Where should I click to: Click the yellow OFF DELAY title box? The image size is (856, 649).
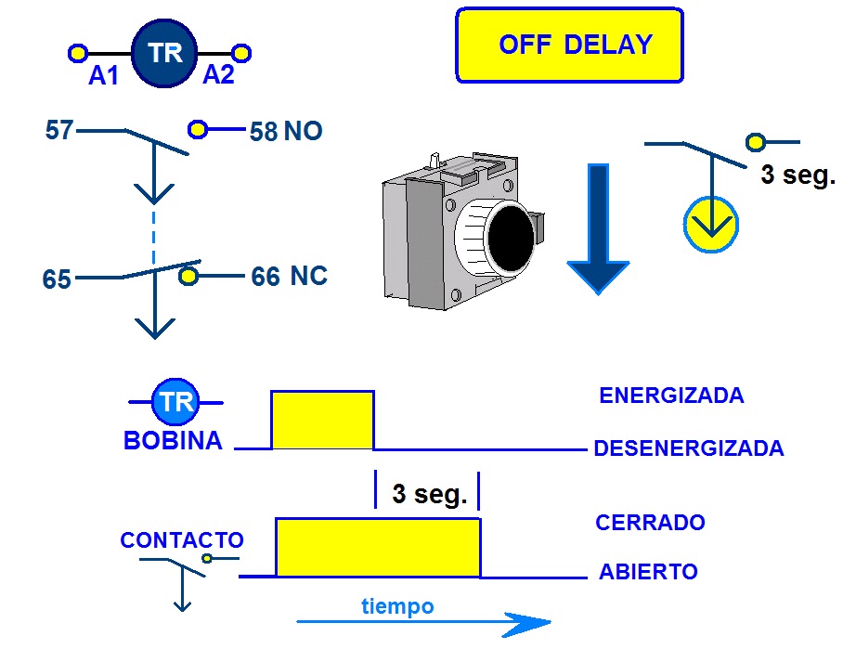pos(569,45)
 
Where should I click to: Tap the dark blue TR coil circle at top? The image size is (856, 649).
pos(164,53)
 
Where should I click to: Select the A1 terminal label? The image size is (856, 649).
pos(104,77)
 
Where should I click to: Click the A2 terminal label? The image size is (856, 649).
pos(218,75)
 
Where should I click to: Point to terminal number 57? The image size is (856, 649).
pos(59,131)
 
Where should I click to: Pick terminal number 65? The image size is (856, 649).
pos(58,279)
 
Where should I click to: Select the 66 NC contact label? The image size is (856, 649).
pos(289,277)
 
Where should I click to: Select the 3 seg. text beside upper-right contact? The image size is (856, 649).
pos(798,175)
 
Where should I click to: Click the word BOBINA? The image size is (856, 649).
pos(173,441)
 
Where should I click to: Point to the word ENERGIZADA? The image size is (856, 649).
pos(671,396)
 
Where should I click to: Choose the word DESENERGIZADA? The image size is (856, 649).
pos(688,448)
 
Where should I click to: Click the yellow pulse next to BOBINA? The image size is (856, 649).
pos(322,420)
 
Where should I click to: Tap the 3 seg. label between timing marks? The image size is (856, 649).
pos(428,494)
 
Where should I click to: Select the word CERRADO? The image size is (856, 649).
pos(650,522)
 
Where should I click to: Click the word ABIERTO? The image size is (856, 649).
pos(648,572)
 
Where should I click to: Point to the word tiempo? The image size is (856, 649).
pos(397,606)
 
